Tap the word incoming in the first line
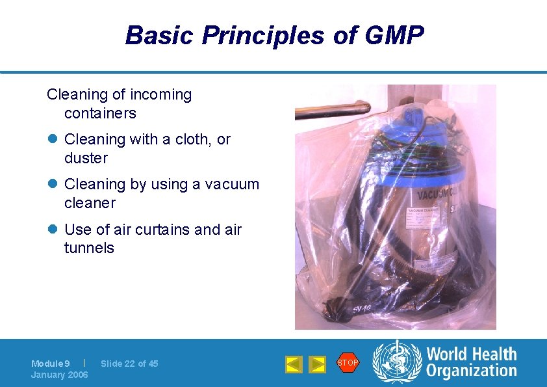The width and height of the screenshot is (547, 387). coord(160,94)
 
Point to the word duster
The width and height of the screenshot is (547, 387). coord(86,158)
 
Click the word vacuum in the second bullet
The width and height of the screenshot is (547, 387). coord(232,184)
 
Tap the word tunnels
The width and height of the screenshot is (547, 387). coord(89,248)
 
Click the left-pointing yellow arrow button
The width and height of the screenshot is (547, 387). coord(294,364)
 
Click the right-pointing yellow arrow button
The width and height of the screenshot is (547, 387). coord(316,364)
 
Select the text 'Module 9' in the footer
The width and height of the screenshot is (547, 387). coord(51,364)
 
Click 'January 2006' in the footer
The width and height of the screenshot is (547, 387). coord(60,375)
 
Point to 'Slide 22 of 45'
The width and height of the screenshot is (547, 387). coord(129,364)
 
